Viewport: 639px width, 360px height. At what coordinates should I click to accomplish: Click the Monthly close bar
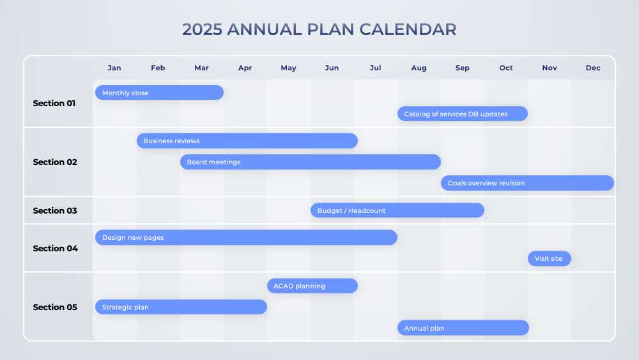[x=159, y=93]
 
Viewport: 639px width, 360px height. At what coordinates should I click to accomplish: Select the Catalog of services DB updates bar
[x=462, y=114]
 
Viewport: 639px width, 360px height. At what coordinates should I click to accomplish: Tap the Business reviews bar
[x=247, y=141]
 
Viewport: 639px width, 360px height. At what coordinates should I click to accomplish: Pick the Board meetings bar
[x=310, y=162]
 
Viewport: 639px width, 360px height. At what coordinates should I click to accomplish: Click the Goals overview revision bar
[x=527, y=183]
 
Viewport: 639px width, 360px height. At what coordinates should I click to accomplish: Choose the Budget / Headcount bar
[x=397, y=210]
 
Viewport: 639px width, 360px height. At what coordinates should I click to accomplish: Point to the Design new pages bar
[x=246, y=237]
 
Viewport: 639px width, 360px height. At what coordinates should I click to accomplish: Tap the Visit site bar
[x=549, y=258]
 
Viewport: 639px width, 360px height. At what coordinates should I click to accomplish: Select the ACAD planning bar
[x=312, y=286]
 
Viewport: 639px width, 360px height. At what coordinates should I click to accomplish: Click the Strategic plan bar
[x=181, y=307]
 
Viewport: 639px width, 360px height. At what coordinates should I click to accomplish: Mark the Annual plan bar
[x=463, y=328]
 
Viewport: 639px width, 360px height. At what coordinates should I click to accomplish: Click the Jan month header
[x=114, y=68]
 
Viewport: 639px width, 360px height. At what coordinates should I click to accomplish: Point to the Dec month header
[x=593, y=68]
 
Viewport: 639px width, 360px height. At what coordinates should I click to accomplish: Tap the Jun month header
[x=332, y=68]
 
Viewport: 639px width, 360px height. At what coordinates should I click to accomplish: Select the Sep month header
[x=462, y=68]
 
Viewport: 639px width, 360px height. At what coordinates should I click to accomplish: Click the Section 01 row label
[x=55, y=103]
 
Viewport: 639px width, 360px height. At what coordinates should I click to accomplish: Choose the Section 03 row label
[x=55, y=210]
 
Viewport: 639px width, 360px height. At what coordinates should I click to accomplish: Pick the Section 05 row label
[x=55, y=307]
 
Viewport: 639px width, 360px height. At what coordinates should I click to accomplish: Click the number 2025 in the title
[x=202, y=29]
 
